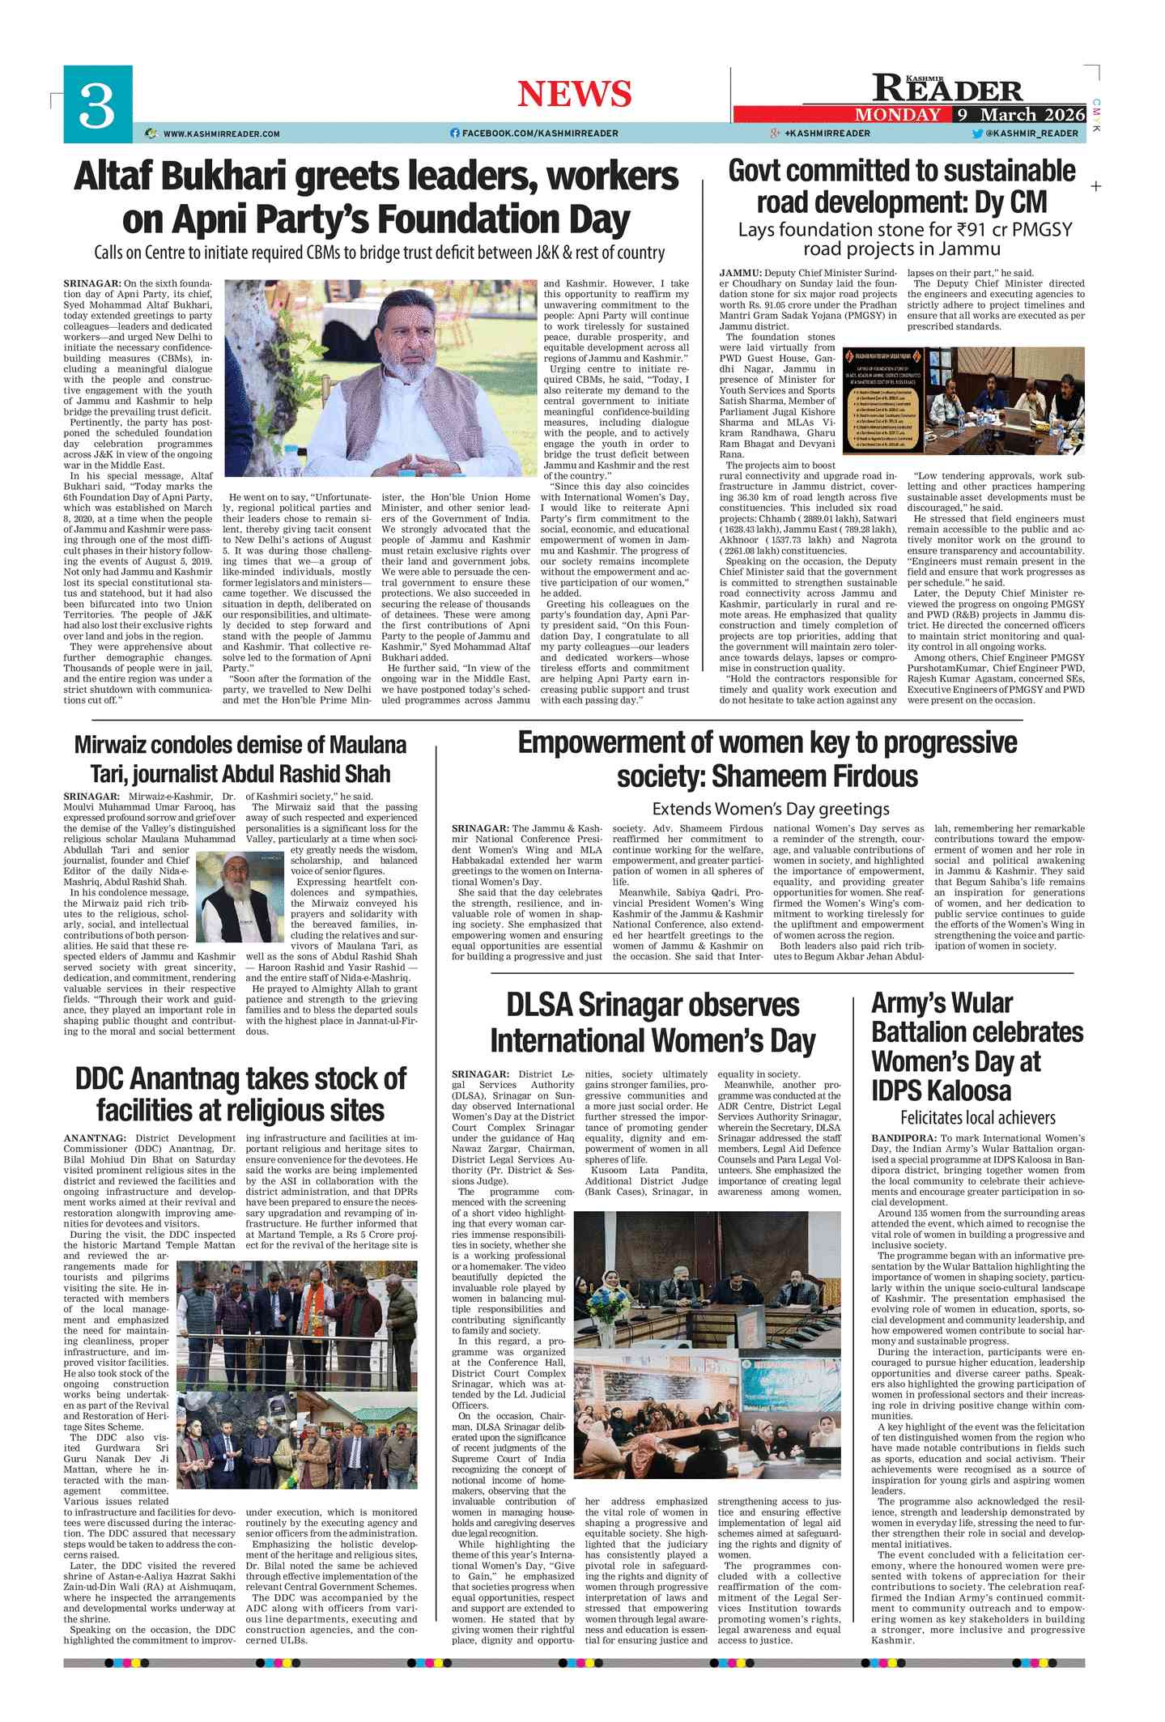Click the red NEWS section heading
[574, 94]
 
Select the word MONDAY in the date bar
[898, 115]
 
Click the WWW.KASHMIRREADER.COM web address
[221, 134]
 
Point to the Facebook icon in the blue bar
[454, 134]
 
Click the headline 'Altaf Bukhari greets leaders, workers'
[376, 176]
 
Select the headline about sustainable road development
[902, 186]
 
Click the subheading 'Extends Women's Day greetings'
[770, 809]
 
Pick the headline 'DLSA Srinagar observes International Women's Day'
[652, 1022]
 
